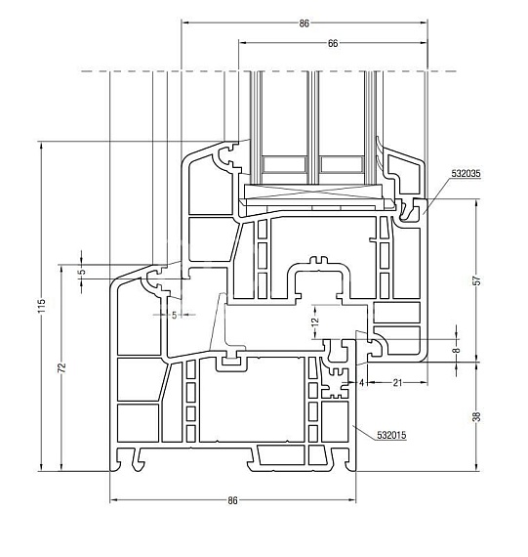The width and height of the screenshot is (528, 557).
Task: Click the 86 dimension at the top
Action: [x=305, y=23]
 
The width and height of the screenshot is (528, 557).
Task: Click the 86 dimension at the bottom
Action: [x=232, y=500]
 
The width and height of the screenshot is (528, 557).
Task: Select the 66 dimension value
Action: [x=333, y=43]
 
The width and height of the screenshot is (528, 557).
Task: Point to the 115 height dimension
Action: [x=42, y=306]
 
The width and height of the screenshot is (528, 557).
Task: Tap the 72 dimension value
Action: [x=62, y=367]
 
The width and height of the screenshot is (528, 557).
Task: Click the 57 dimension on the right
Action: [x=478, y=280]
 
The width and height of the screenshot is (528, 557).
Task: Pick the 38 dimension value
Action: [x=478, y=416]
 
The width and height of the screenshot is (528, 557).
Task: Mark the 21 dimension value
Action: [x=398, y=383]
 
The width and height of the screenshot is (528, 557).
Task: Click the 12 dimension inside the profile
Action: [x=315, y=321]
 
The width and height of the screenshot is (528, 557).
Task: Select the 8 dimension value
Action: [x=457, y=350]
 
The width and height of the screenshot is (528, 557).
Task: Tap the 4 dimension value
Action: [x=361, y=383]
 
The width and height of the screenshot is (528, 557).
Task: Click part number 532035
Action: [x=466, y=173]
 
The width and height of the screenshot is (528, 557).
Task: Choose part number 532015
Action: [x=391, y=435]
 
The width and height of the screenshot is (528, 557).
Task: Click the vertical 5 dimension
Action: [x=82, y=272]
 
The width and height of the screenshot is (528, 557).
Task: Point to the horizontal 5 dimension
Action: [x=175, y=315]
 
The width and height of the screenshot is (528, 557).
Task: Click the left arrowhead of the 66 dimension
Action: [x=242, y=43]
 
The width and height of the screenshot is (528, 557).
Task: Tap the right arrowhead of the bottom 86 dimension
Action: [x=352, y=500]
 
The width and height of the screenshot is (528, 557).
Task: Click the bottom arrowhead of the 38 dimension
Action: [x=477, y=467]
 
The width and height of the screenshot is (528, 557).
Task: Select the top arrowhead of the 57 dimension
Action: [x=477, y=203]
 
